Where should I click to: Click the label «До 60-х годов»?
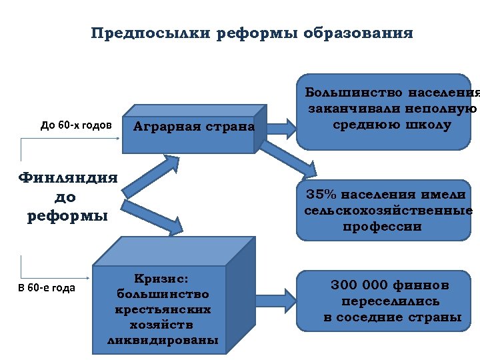(x=76, y=125)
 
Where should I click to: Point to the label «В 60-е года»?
(x=47, y=288)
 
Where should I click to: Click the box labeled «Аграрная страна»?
(x=194, y=127)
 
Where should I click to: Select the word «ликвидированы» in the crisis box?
(x=163, y=340)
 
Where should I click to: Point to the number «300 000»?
(x=359, y=285)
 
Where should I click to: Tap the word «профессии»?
(x=382, y=227)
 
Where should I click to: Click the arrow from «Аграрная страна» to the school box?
(x=280, y=126)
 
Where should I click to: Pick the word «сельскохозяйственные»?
(x=389, y=211)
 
